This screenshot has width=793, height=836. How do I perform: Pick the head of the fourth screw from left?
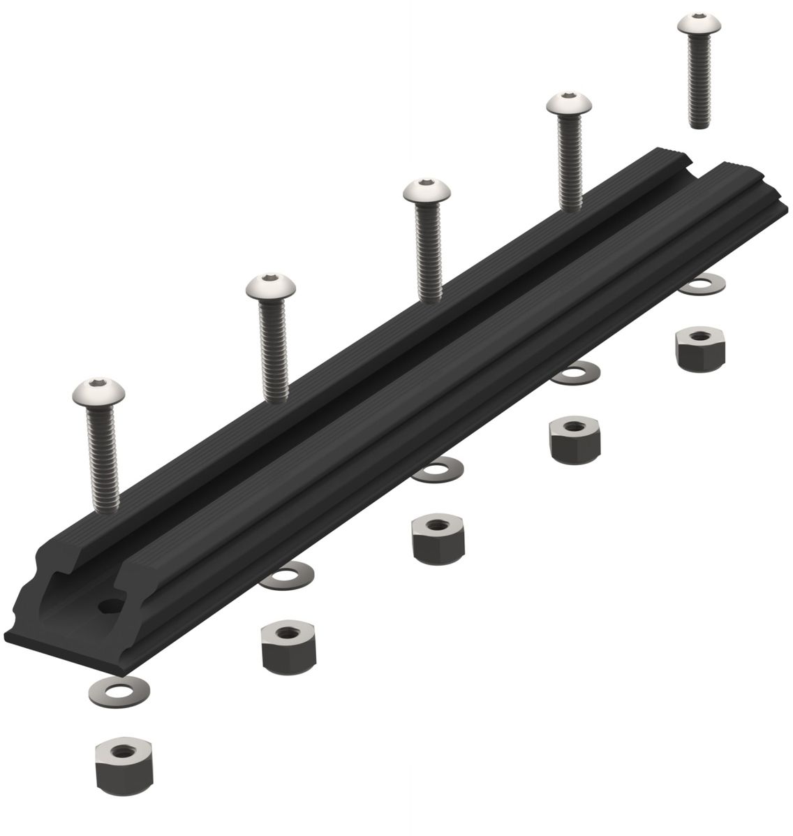click(x=570, y=105)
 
